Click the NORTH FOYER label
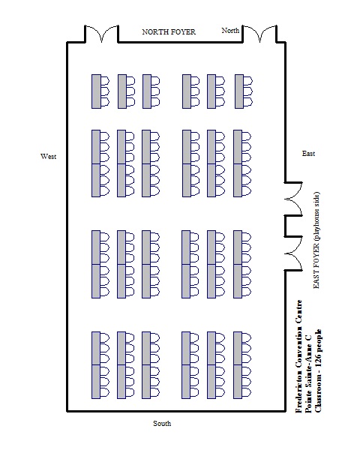(169, 31)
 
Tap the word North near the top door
(230, 31)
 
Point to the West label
(49, 157)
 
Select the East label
(308, 154)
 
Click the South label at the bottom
(162, 423)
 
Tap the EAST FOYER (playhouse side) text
(316, 240)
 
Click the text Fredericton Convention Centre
(298, 356)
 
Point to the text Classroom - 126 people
(318, 370)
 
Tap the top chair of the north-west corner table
(105, 81)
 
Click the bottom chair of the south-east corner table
(247, 392)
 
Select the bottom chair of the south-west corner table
(105, 392)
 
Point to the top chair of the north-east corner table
(248, 81)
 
